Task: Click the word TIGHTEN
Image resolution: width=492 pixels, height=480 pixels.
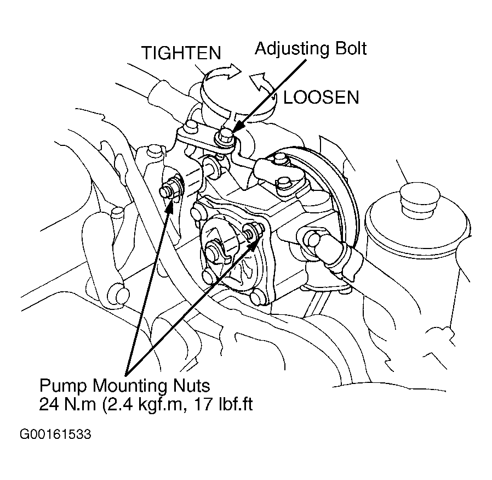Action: coord(181,53)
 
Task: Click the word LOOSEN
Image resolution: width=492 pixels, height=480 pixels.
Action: coord(321,98)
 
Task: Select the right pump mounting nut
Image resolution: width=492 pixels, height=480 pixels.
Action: coord(252,233)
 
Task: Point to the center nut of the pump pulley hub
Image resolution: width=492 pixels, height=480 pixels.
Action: coord(214,253)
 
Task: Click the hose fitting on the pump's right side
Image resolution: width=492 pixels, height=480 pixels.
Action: coord(321,245)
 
